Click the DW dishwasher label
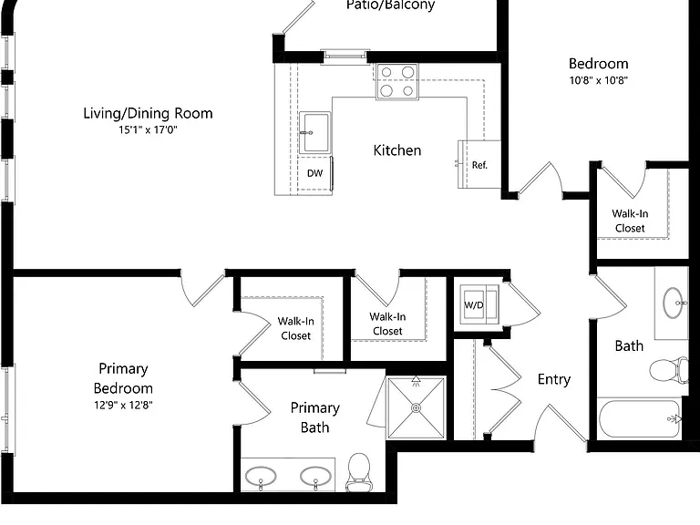pos(314,173)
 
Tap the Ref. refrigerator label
pos(479,165)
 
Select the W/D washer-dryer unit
pos(479,304)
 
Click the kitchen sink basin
pos(315,133)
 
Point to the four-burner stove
pos(397,81)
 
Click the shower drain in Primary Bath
pos(416,407)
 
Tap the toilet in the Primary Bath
pos(359,472)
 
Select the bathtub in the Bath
pos(640,419)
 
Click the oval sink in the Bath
pos(673,303)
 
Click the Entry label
pos(554,379)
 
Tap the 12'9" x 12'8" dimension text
pos(123,405)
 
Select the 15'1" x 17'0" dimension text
pos(148,130)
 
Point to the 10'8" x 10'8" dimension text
pos(599,80)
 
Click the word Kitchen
pos(397,150)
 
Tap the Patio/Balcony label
pos(391,5)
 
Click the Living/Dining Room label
pos(148,113)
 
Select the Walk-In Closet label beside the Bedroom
pos(630,221)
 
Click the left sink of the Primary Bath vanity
pos(261,477)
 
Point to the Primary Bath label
pos(315,417)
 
